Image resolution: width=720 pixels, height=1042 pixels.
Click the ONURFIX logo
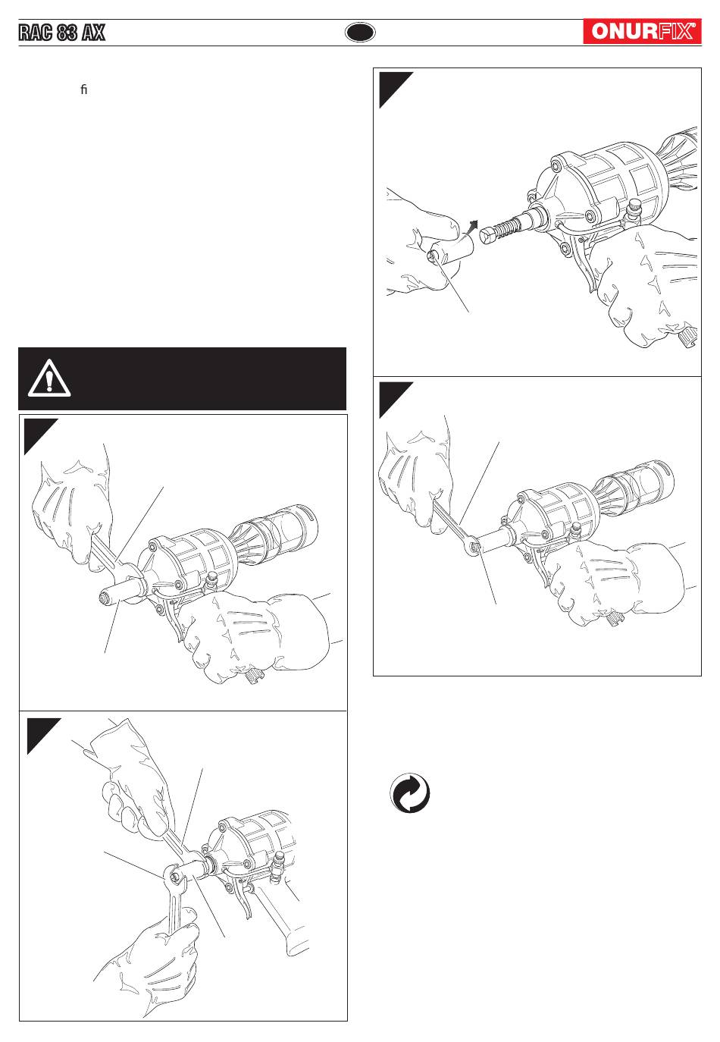(x=641, y=32)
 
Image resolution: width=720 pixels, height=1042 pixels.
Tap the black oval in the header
(x=360, y=33)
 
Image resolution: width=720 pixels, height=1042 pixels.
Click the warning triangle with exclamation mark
(x=49, y=378)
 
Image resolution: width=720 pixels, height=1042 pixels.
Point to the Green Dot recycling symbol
(x=410, y=796)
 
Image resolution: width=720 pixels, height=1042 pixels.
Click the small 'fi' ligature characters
(x=83, y=90)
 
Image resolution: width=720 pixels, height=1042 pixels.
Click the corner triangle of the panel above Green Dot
(x=390, y=395)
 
